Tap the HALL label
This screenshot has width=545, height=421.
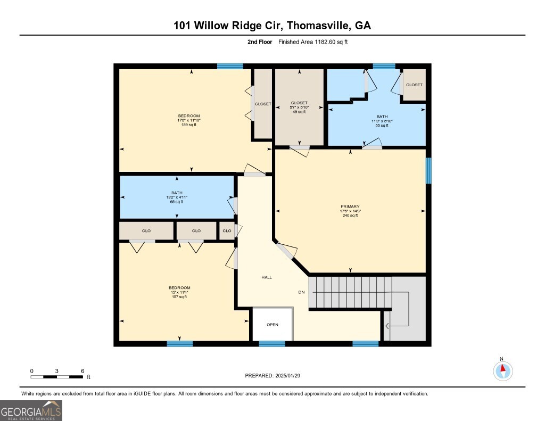point(267,277)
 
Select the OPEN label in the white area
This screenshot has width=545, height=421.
point(272,325)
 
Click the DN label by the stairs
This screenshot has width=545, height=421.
point(301,292)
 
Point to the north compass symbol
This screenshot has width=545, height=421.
point(502,369)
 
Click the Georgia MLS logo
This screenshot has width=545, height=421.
point(31,410)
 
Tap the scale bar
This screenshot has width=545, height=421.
point(57,377)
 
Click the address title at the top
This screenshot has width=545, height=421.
point(272,26)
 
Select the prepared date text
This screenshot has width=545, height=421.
point(276,376)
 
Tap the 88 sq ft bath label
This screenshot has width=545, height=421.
point(382,121)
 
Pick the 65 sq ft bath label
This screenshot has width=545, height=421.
point(177,197)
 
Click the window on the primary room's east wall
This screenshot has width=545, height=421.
point(428,170)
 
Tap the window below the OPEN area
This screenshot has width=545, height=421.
point(272,344)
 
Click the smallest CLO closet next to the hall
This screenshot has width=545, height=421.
point(227,231)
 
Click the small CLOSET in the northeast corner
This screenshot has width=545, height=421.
point(414,85)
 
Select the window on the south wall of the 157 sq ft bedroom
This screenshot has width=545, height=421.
point(179,344)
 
